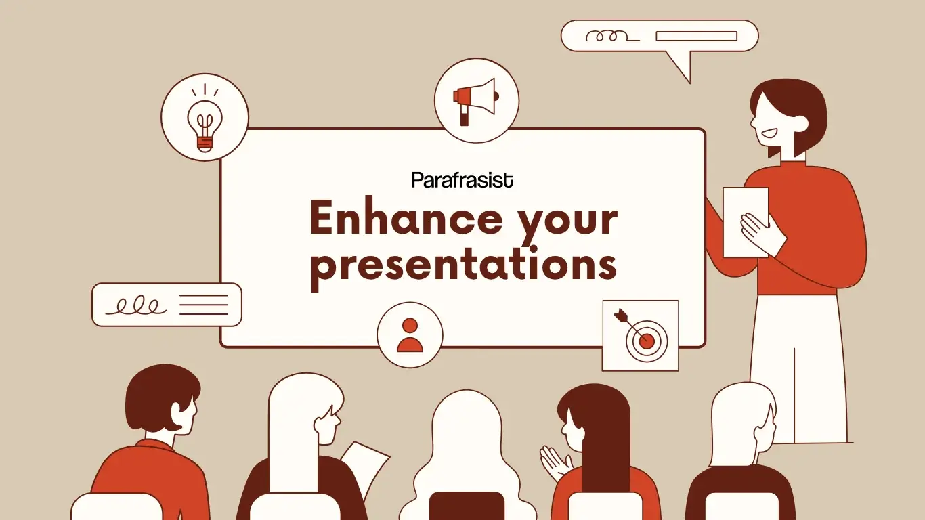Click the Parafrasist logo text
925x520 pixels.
(462, 180)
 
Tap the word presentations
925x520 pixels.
(463, 265)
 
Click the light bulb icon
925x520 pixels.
(205, 118)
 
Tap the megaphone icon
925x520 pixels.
(476, 100)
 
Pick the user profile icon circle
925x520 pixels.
(410, 335)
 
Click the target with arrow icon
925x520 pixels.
(640, 335)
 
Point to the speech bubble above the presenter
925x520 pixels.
(660, 37)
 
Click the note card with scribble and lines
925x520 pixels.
(167, 305)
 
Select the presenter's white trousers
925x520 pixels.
(799, 366)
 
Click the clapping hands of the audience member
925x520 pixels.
(555, 463)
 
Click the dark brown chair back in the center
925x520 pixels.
(467, 506)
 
